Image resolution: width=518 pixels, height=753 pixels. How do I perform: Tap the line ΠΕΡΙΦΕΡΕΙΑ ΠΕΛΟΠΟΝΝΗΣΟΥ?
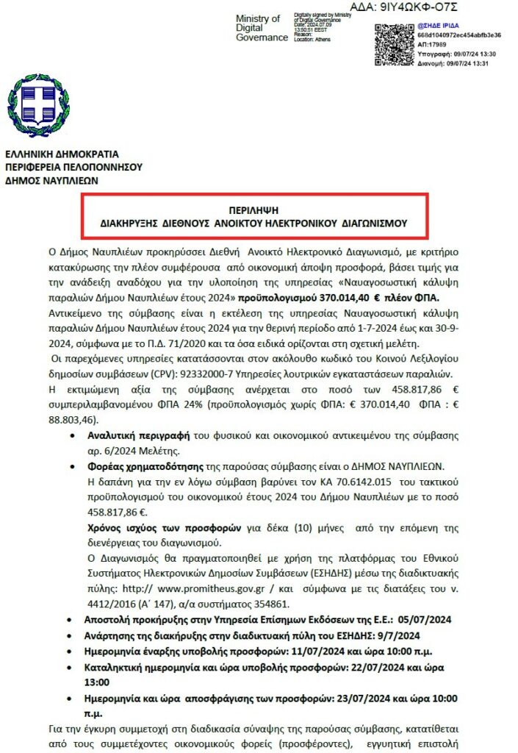click(73, 166)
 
